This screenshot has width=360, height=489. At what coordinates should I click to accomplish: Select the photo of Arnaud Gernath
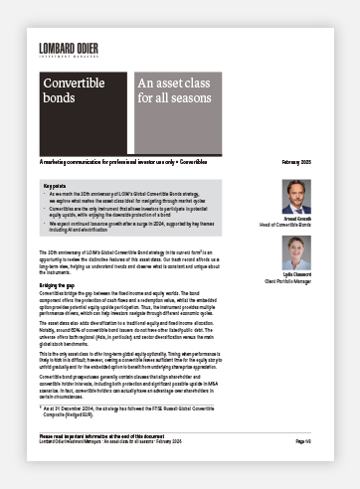(x=296, y=197)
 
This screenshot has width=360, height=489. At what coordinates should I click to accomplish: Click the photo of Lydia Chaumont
(x=296, y=252)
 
